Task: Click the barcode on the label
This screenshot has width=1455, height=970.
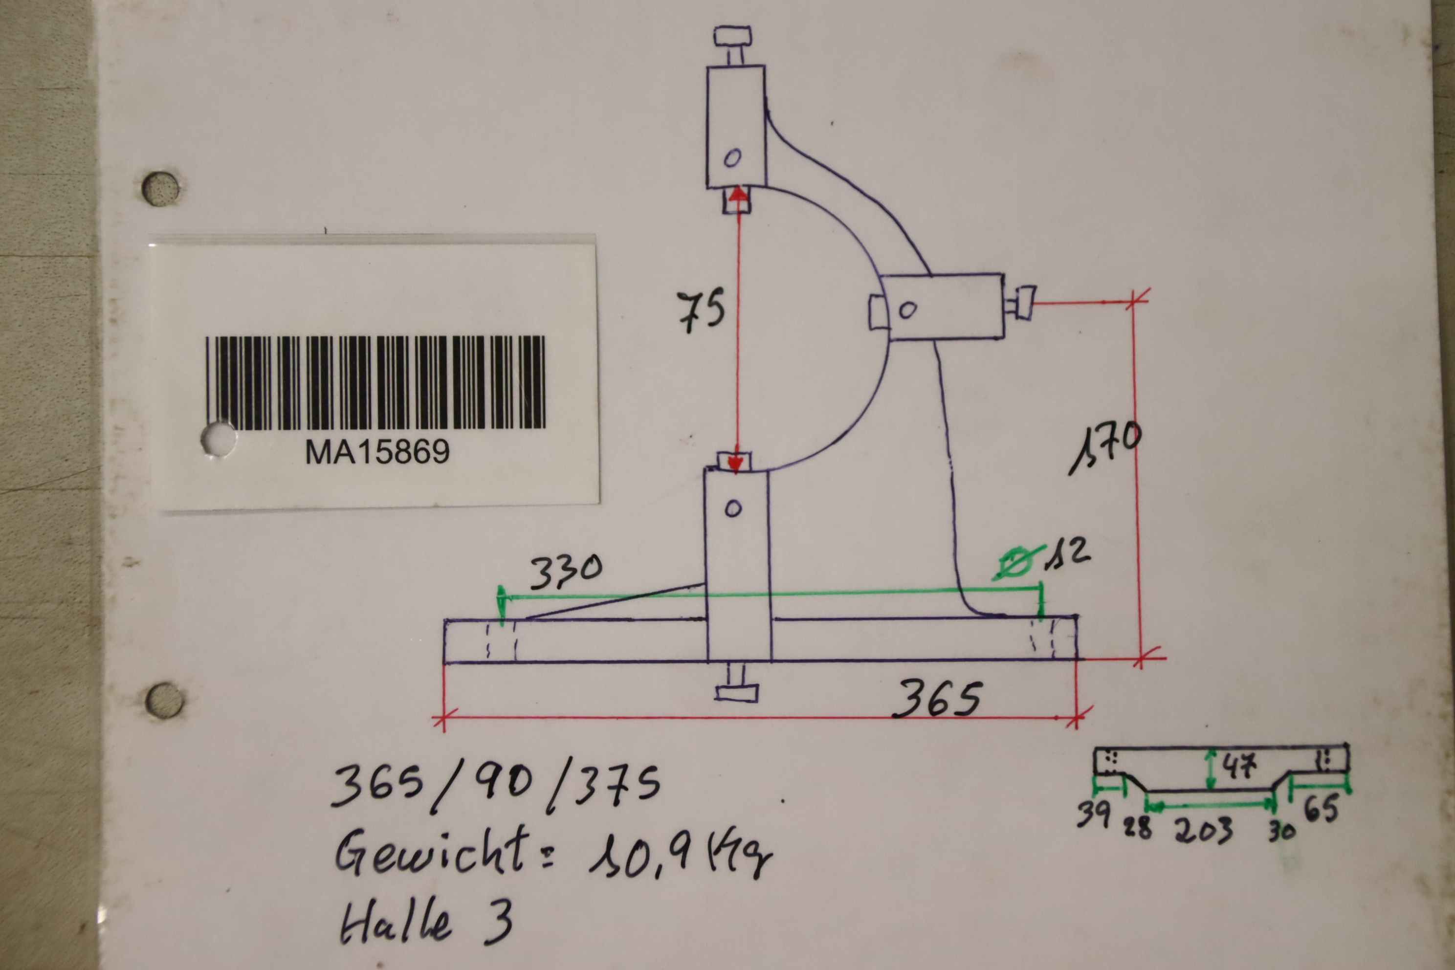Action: pos(375,382)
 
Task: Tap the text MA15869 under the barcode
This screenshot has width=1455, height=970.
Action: pos(377,452)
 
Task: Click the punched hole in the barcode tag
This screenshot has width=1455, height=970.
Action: pos(219,439)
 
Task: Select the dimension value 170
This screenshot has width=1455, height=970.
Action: pos(1105,448)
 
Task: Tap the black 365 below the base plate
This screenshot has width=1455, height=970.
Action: pos(936,699)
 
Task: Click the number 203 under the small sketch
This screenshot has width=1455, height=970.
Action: pos(1204,830)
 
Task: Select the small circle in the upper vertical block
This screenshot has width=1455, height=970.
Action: pos(732,158)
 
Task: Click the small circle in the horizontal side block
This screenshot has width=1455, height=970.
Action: pos(907,309)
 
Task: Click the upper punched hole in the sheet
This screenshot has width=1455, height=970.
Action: pos(160,189)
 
